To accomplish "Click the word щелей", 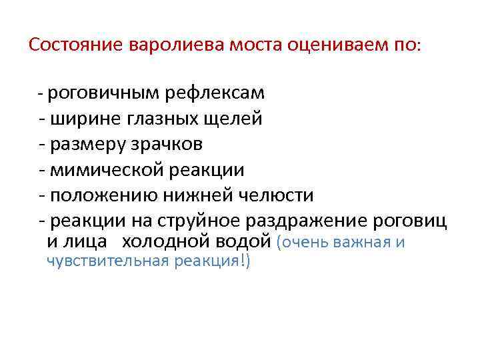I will click(x=234, y=119).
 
